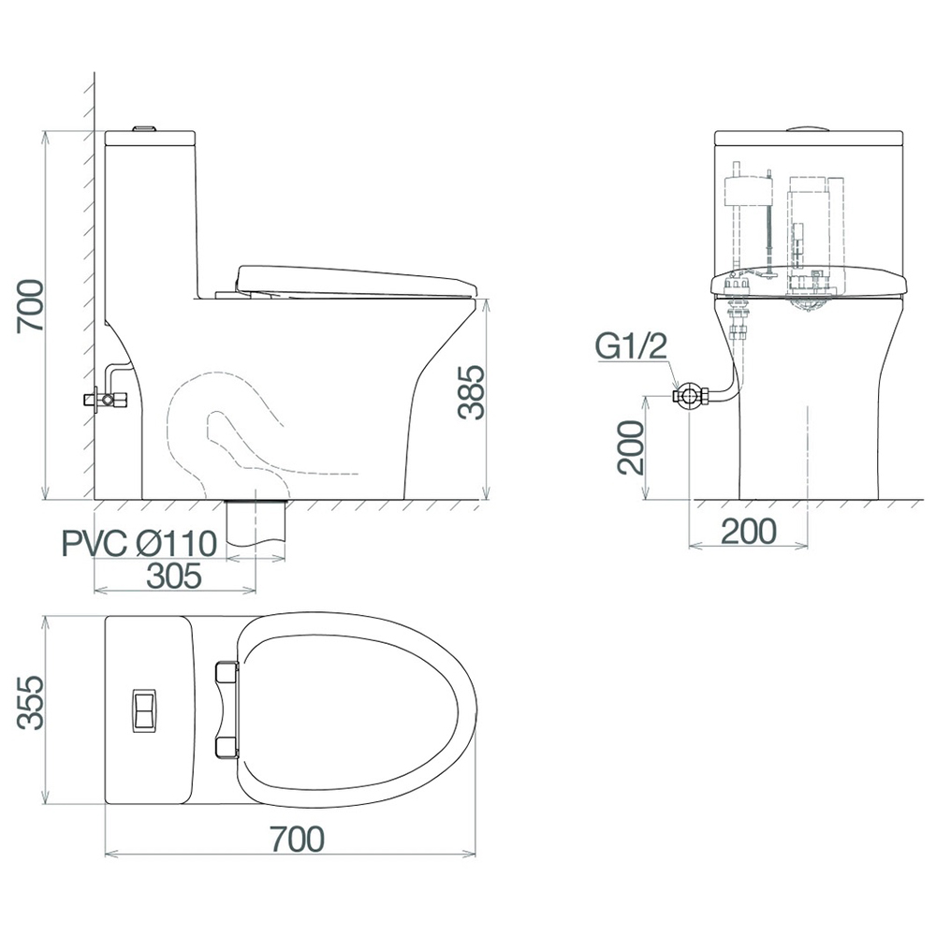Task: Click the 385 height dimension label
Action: click(471, 392)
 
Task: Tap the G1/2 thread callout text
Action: click(631, 346)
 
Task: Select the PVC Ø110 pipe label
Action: click(139, 544)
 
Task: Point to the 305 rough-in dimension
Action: click(174, 576)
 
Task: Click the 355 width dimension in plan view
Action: click(30, 702)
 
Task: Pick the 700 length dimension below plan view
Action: click(298, 839)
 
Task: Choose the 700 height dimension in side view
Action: click(30, 306)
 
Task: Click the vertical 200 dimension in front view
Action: click(631, 447)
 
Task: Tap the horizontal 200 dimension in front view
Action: click(750, 532)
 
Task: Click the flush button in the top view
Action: click(144, 709)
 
